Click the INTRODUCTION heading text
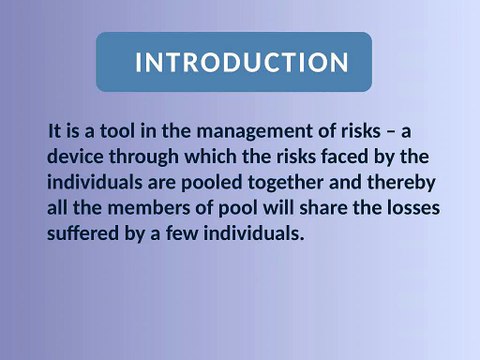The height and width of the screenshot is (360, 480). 241,63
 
